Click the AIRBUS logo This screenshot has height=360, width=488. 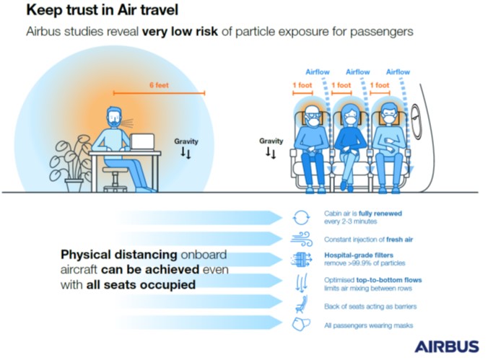pyautogui.click(x=447, y=346)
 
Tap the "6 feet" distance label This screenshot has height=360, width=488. pyautogui.click(x=159, y=85)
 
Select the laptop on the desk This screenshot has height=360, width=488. pyautogui.click(x=142, y=142)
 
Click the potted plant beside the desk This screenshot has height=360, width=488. pyautogui.click(x=71, y=163)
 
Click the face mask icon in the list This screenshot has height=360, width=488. pyautogui.click(x=301, y=324)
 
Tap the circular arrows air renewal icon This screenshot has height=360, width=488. pyautogui.click(x=301, y=217)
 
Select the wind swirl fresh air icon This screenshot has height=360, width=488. pyautogui.click(x=302, y=239)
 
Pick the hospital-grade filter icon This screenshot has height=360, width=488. pyautogui.click(x=301, y=259)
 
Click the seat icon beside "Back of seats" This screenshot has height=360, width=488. pyautogui.click(x=301, y=304)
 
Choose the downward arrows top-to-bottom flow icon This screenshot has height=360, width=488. pyautogui.click(x=301, y=283)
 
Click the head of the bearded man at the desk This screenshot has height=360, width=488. pyautogui.click(x=114, y=117)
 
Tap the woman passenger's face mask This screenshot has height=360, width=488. pyautogui.click(x=351, y=120)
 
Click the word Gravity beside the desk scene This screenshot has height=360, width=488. pyautogui.click(x=186, y=141)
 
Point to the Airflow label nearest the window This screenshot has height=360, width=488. pyautogui.click(x=398, y=72)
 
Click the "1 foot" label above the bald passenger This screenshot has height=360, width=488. pyautogui.click(x=302, y=85)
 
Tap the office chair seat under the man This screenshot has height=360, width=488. pyautogui.click(x=115, y=170)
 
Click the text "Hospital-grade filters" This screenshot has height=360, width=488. pyautogui.click(x=359, y=255)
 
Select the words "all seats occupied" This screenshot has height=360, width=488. pyautogui.click(x=141, y=284)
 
